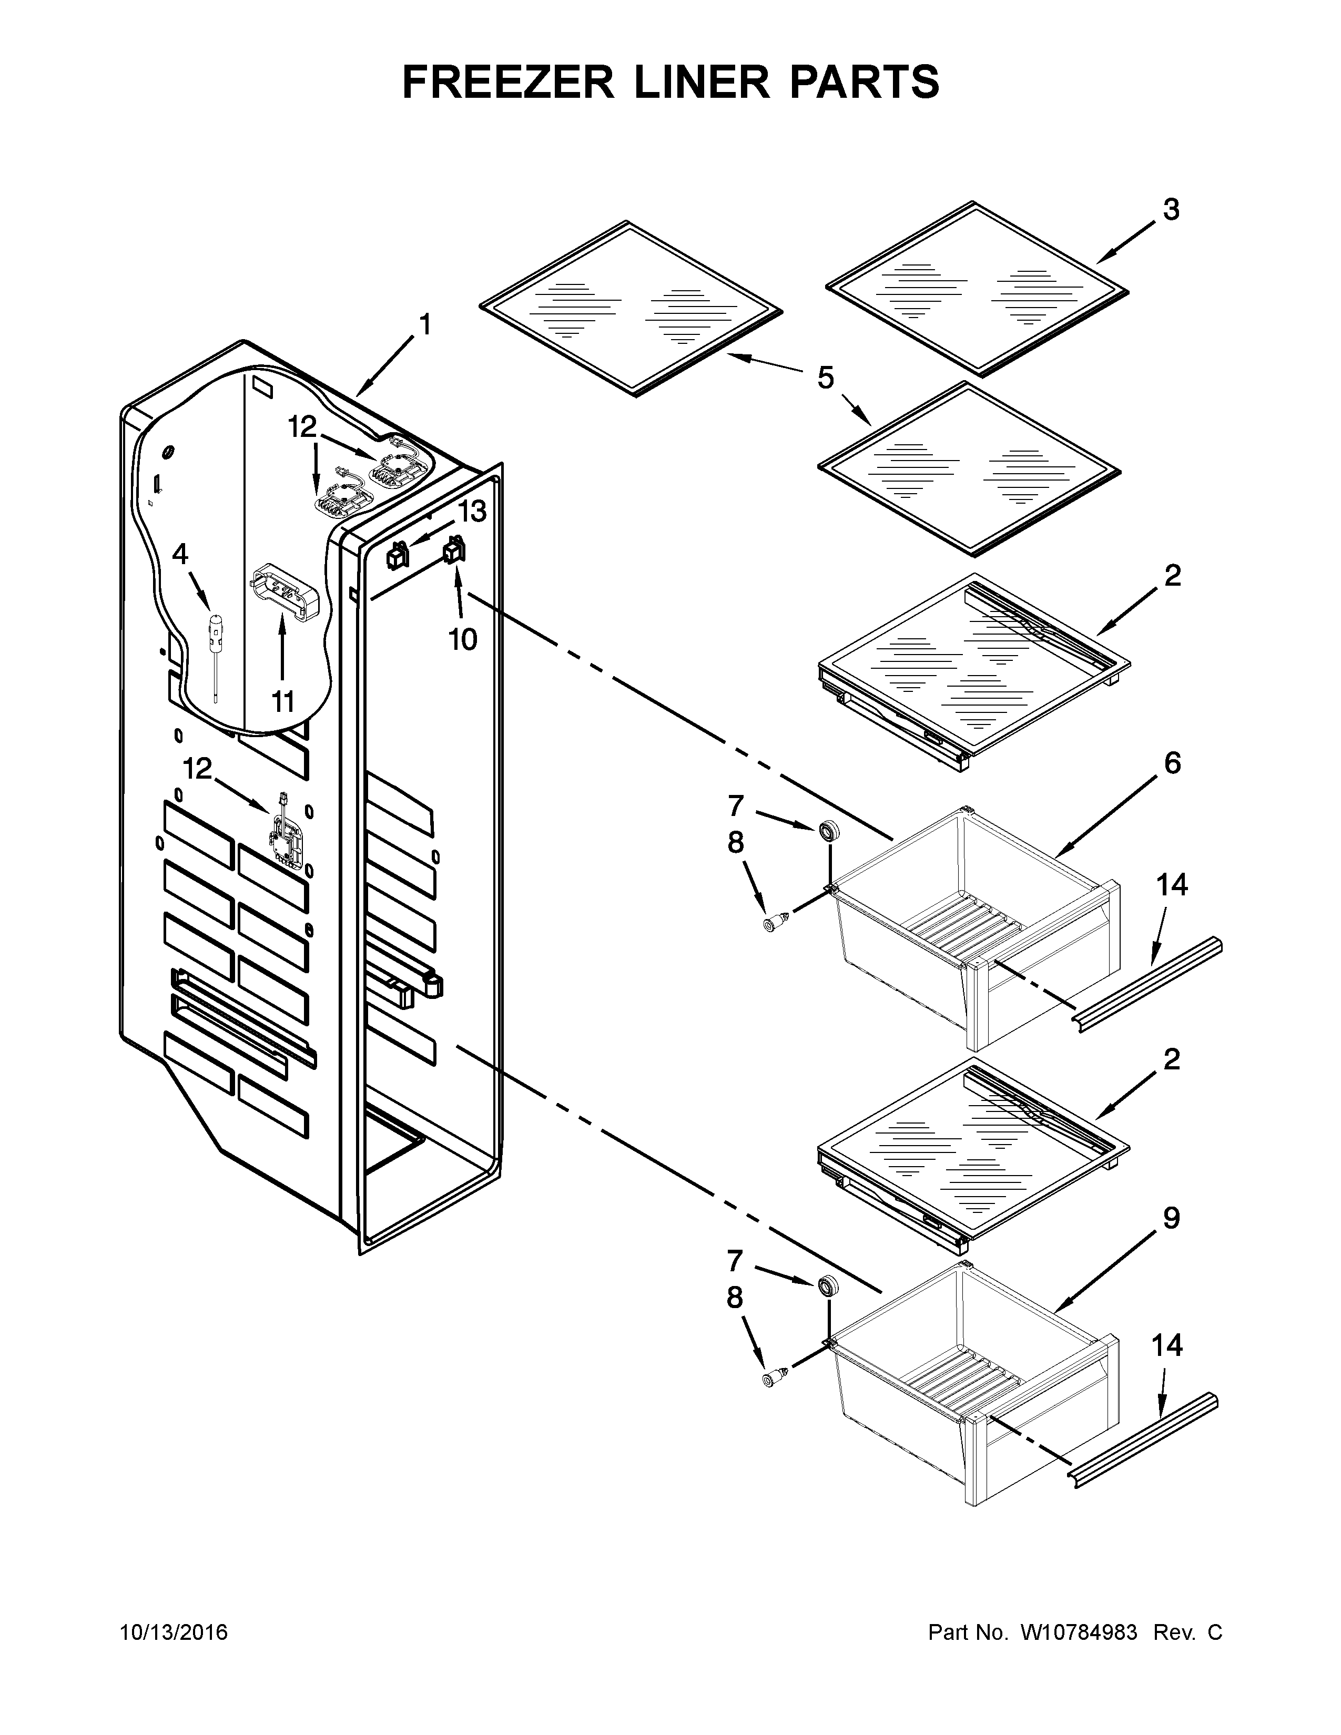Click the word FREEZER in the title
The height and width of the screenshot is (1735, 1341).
tap(509, 82)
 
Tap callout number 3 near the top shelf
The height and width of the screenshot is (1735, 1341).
tap(1171, 210)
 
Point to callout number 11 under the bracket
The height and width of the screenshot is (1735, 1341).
tap(283, 701)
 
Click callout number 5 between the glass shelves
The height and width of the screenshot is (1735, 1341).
tap(826, 377)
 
